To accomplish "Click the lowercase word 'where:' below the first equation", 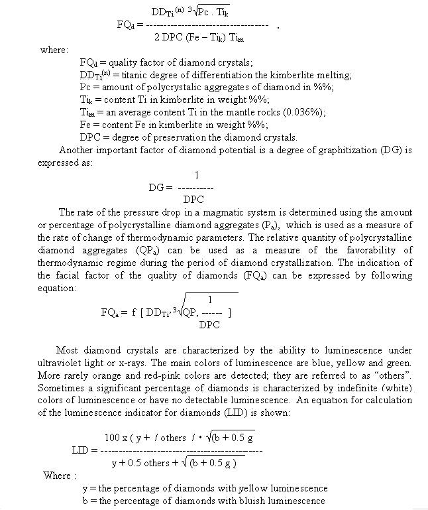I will pos(54,50).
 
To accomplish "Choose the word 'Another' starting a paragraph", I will pos(77,150).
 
